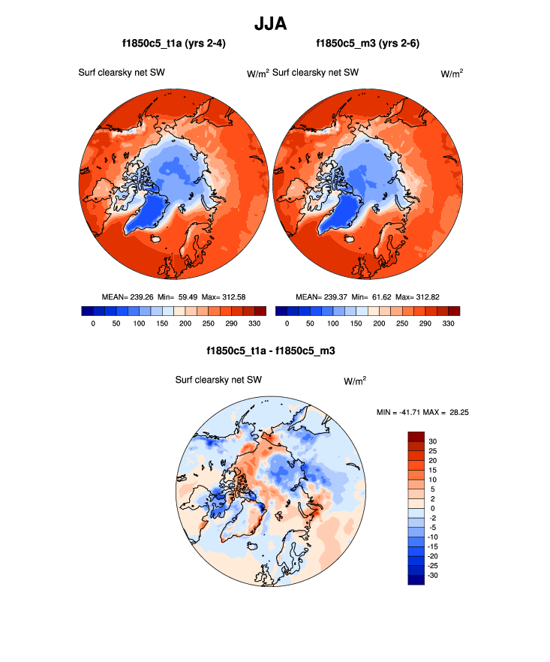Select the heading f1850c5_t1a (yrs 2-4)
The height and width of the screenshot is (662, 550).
click(173, 44)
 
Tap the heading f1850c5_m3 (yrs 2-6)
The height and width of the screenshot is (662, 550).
click(368, 44)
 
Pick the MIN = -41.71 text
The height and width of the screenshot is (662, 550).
click(401, 411)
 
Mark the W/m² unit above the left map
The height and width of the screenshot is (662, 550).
click(258, 74)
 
